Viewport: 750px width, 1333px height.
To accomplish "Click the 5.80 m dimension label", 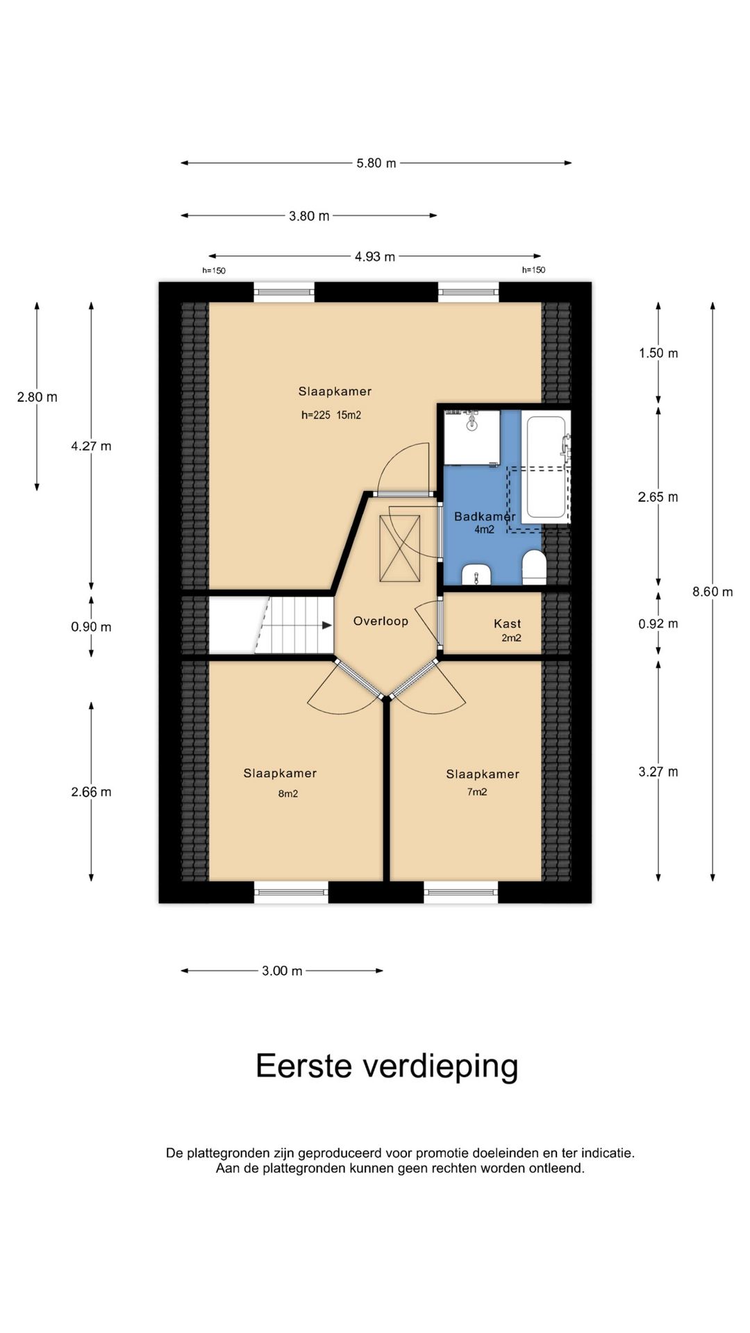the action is coord(376,163).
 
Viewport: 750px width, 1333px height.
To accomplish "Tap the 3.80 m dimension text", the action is coord(309,216).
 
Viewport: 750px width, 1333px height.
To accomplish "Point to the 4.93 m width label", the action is coord(375,257).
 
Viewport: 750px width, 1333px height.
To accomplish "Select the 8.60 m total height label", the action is coord(712,592).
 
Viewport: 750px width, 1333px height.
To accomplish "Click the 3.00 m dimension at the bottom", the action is coord(282,971).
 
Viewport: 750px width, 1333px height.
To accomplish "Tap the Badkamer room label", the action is coord(485,517).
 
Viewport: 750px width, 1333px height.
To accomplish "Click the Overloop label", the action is coord(381,621).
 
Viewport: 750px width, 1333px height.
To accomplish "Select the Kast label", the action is coord(508,623).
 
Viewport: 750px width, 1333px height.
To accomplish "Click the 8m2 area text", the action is coord(288,794).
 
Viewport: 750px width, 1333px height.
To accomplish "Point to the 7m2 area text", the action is coord(477,791).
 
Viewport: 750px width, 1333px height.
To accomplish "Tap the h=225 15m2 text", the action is coord(331,415).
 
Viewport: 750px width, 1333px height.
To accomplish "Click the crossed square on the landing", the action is coord(400,548).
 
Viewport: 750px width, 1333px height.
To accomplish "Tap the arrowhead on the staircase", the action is coord(326,625).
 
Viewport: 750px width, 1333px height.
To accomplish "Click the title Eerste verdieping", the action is coord(387,1066).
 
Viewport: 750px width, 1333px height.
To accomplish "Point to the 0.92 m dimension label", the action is coord(658,623).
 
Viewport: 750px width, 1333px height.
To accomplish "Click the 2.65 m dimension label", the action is coord(658,497).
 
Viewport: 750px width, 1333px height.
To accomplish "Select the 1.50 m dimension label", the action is coord(658,353).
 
